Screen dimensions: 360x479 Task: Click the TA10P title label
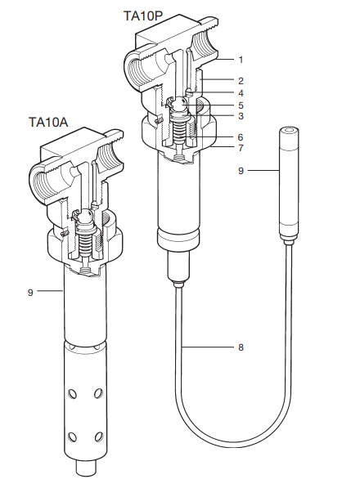point(142,16)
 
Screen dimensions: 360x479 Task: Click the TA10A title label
point(48,122)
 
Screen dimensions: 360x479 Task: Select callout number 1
point(241,60)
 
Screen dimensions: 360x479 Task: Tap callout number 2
point(241,81)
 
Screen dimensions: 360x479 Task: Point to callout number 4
point(241,93)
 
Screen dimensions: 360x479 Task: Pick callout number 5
point(241,105)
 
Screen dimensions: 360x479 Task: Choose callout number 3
point(241,116)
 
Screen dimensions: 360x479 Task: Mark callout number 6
point(241,137)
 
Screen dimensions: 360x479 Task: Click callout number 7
point(241,148)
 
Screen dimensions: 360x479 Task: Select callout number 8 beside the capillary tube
point(241,347)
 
